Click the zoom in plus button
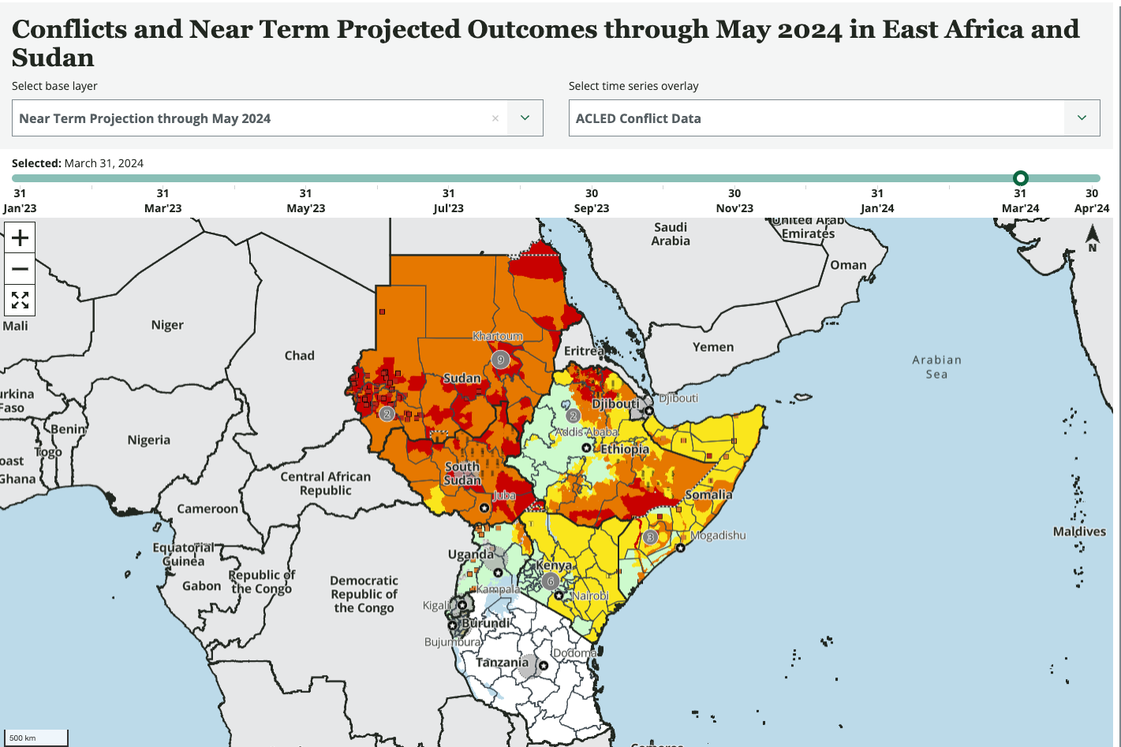pos(20,237)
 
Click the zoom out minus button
pos(20,269)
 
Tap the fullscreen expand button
pos(20,301)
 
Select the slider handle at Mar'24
pos(1020,178)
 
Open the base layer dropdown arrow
pos(525,118)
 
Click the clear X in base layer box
pos(495,118)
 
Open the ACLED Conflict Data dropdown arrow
pos(1082,118)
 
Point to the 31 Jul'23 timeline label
pos(449,200)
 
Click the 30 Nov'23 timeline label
pos(734,200)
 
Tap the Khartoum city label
pos(498,336)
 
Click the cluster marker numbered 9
pos(500,360)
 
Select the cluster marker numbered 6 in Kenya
pos(551,581)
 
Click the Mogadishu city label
pos(718,535)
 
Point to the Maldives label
pos(1079,532)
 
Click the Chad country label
pos(300,356)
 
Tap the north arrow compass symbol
pos(1093,237)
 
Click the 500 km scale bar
pos(36,738)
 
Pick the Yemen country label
pos(713,347)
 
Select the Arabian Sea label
pos(936,367)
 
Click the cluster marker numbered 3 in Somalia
pos(650,537)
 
